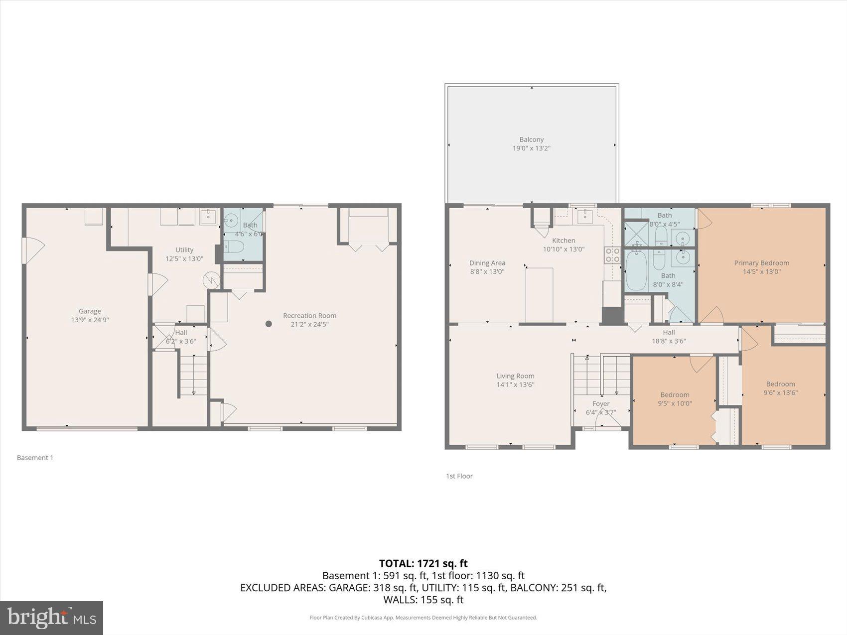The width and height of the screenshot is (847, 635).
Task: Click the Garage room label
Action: coord(90,311)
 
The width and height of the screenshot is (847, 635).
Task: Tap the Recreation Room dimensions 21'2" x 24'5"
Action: coord(309,324)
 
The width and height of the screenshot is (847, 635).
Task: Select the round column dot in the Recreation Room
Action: coord(269,324)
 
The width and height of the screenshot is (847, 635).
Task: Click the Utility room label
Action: coord(184,250)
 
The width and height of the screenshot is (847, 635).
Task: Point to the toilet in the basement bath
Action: coord(233,247)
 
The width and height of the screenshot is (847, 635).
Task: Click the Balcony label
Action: coord(531,139)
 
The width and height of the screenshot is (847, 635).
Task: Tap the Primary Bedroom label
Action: coord(761,263)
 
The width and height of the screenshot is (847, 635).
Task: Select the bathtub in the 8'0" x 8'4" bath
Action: coord(636,271)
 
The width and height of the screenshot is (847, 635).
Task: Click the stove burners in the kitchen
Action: coord(612,255)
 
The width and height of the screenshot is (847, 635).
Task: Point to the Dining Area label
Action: coord(487,263)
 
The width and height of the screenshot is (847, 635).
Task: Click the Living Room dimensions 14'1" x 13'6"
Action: coord(515,384)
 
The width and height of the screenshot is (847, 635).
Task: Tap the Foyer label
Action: coord(601,404)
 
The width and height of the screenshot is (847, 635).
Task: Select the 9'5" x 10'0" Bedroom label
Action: coord(675,395)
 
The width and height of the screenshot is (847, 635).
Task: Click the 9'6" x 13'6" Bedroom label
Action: coord(780,384)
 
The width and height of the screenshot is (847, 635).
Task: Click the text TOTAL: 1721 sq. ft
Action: coord(423,563)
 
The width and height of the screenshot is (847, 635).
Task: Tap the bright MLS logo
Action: coord(52,618)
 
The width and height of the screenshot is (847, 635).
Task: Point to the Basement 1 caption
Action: coord(35,458)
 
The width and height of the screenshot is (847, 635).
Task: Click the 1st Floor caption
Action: coord(459,476)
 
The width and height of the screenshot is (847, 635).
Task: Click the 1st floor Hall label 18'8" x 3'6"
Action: coord(669,332)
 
